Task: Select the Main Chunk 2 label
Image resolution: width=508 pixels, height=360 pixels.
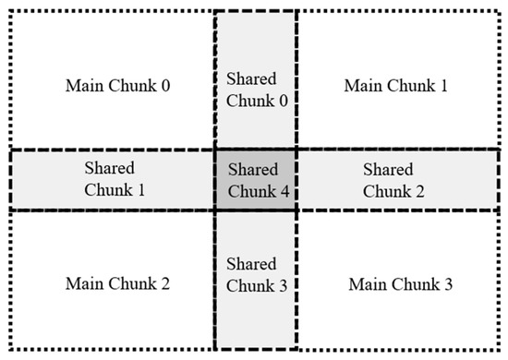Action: [117, 282]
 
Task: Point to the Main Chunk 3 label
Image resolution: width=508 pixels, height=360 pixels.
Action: [400, 282]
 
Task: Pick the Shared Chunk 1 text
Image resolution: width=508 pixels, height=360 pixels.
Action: [109, 180]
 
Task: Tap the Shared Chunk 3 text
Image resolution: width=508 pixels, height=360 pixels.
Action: [256, 275]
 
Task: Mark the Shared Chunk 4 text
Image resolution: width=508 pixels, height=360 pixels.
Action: [256, 180]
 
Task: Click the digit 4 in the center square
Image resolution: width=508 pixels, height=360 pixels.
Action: [284, 191]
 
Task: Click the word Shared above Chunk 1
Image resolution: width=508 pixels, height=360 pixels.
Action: [109, 169]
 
